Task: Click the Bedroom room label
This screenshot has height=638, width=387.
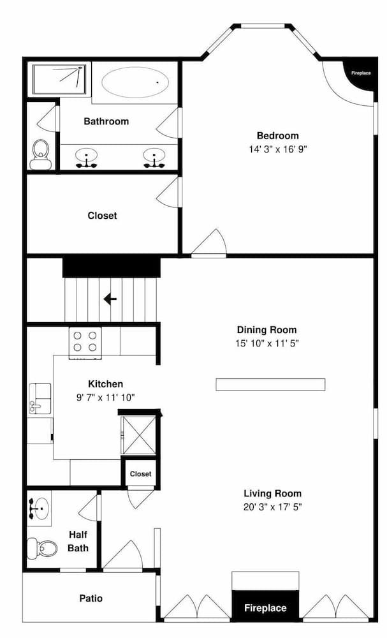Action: [277, 136]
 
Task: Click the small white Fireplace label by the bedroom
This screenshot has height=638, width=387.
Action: [361, 73]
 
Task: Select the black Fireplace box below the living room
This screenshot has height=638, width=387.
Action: [265, 608]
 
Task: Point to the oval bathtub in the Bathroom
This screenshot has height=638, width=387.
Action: [136, 82]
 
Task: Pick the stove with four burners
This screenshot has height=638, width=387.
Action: [85, 341]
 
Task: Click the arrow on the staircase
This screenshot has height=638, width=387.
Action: [110, 299]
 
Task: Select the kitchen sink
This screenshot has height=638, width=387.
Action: [40, 399]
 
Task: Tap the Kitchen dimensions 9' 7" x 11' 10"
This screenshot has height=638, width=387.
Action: [105, 397]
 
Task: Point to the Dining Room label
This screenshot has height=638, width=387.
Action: [267, 330]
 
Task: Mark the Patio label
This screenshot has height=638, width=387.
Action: [91, 598]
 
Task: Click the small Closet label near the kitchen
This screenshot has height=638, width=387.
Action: [141, 473]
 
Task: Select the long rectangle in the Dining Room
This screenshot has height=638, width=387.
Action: [270, 384]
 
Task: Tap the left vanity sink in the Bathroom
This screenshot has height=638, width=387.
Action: [86, 156]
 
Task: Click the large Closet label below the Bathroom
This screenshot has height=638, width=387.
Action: [103, 216]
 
